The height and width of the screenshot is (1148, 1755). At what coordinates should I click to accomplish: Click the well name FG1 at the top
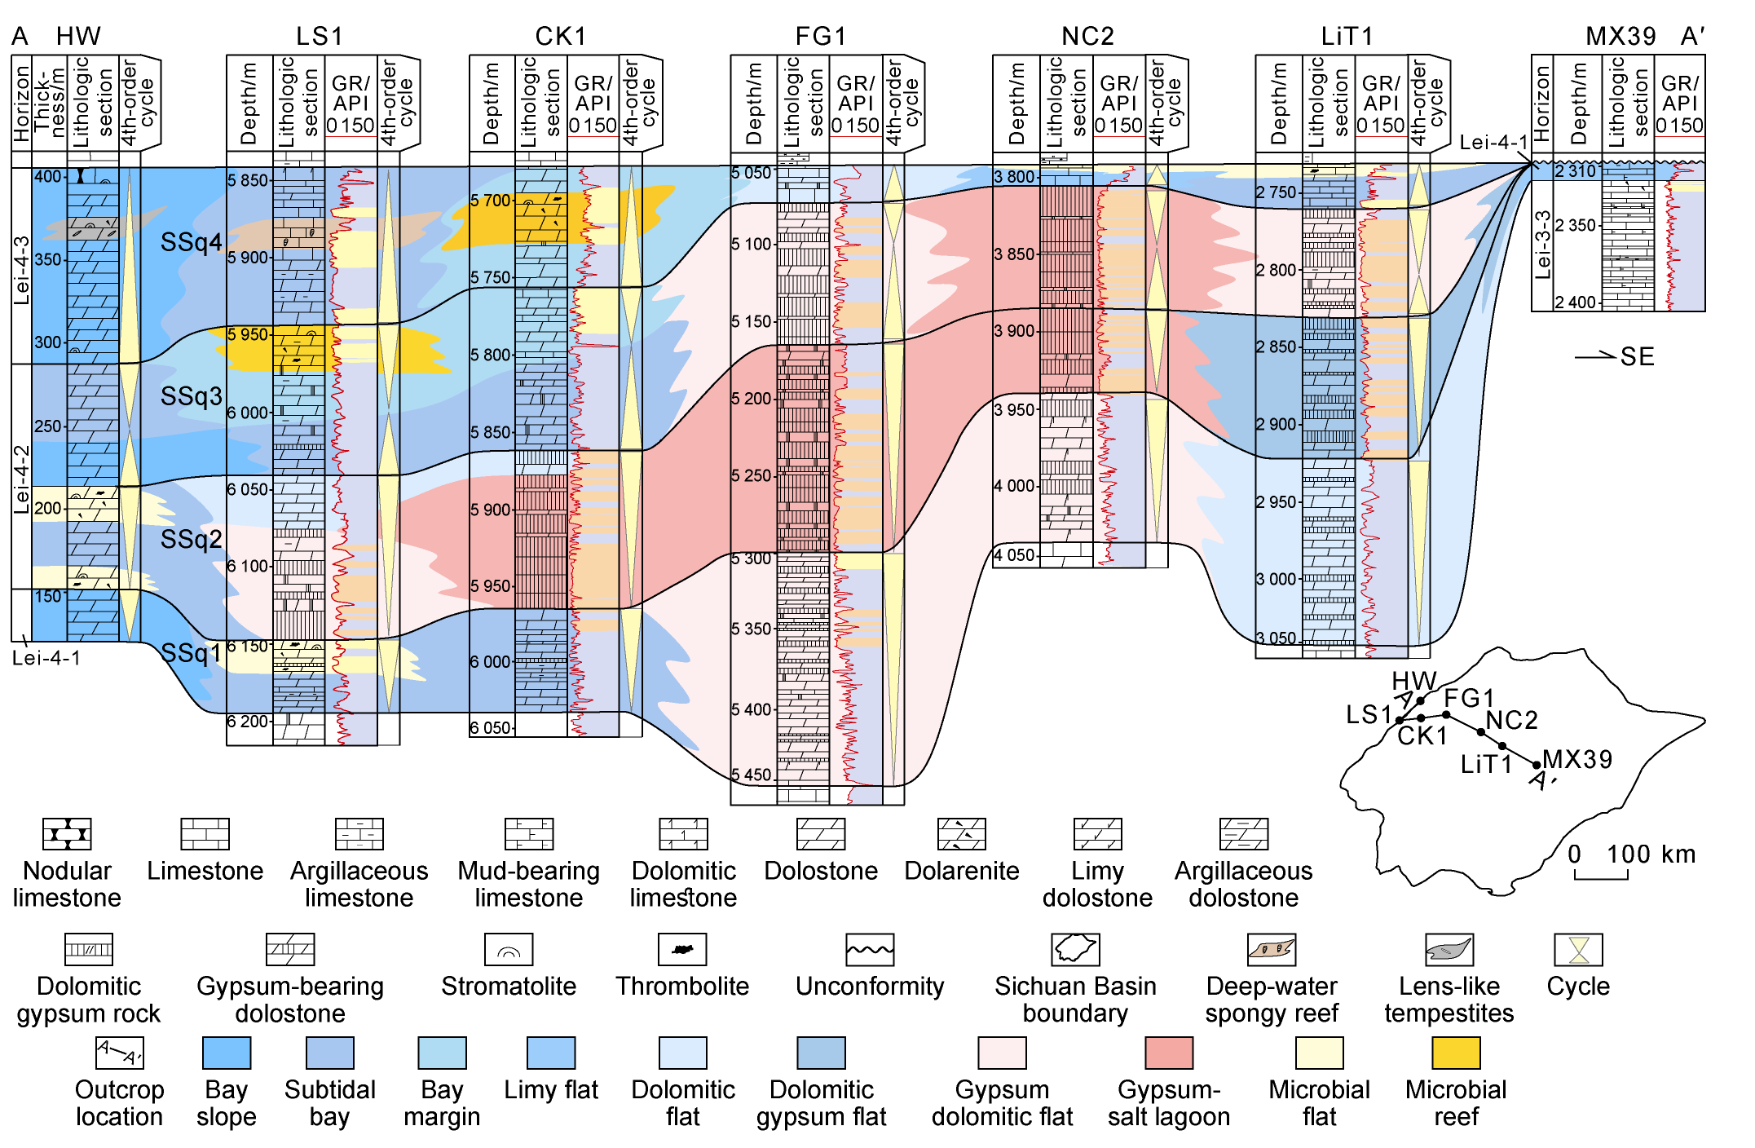[820, 36]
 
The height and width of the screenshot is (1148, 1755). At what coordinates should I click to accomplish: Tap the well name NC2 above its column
[1087, 36]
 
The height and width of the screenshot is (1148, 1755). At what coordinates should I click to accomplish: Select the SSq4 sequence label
[191, 242]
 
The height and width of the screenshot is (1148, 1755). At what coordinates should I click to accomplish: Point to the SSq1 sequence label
[191, 653]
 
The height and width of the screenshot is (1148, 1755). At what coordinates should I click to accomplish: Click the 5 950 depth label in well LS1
[248, 334]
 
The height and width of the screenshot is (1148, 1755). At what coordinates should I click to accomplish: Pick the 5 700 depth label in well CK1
[491, 201]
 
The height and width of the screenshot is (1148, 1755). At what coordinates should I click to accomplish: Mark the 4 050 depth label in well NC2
[1015, 555]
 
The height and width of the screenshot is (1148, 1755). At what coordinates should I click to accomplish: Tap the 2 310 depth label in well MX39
[1575, 171]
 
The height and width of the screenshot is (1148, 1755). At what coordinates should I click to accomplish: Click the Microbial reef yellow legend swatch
[1456, 1053]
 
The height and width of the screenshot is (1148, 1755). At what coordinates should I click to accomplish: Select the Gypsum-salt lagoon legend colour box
[1168, 1053]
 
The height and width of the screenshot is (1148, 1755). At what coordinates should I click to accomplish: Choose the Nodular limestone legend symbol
[67, 834]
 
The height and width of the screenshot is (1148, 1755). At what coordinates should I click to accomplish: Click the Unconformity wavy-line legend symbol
[870, 950]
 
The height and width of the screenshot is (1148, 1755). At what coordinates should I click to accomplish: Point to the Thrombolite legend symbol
[682, 950]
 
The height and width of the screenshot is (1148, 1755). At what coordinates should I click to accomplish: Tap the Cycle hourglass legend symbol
[1579, 950]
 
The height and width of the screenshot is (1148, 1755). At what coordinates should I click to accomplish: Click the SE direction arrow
[1595, 356]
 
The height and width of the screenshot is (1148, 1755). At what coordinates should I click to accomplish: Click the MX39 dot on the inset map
[1537, 765]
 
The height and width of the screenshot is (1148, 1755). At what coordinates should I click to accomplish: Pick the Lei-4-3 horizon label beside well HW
[22, 270]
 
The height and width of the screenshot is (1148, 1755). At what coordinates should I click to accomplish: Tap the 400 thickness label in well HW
[48, 177]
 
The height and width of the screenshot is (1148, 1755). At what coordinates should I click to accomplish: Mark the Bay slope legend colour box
[227, 1053]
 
